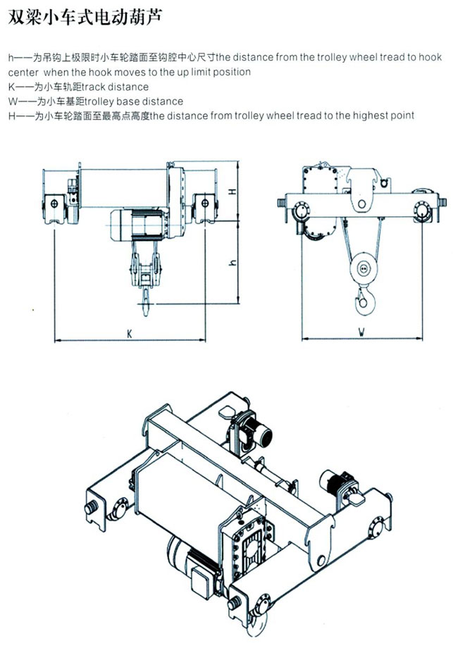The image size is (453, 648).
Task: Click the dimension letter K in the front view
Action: point(130,334)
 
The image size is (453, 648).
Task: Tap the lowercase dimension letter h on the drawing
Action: point(233,262)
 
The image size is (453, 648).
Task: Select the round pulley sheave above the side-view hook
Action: point(363,268)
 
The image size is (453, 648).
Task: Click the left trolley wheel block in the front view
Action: point(55,206)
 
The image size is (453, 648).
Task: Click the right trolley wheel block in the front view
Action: point(204,206)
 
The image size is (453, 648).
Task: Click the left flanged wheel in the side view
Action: point(303,211)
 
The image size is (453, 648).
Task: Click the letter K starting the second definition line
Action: point(11,87)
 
